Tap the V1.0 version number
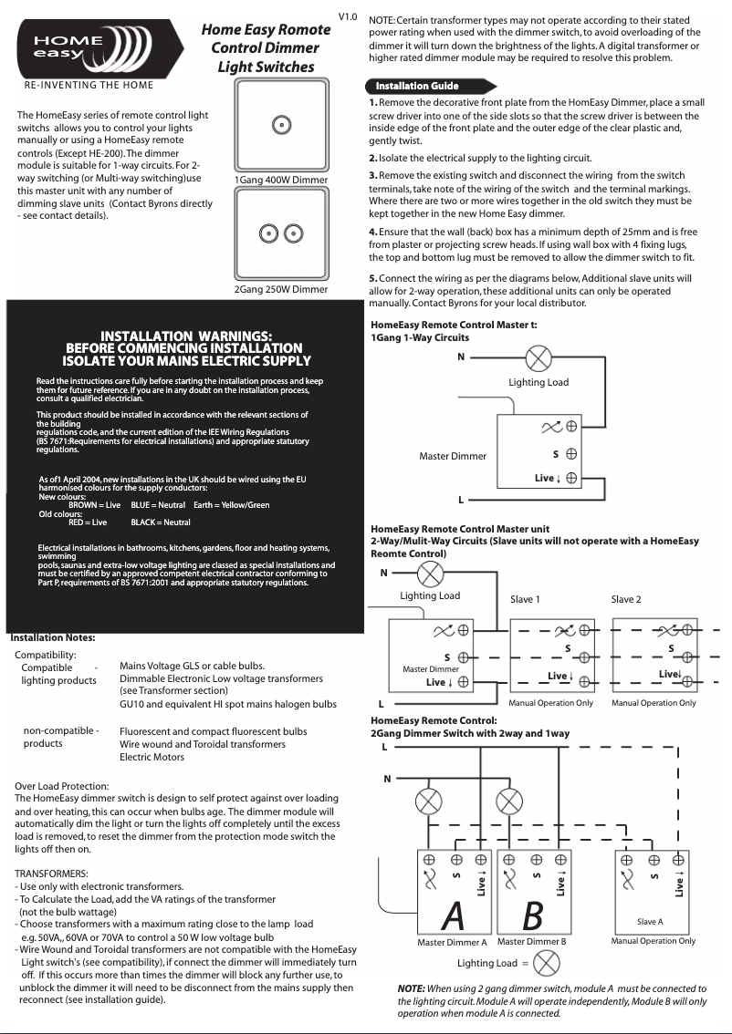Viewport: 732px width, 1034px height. click(x=348, y=17)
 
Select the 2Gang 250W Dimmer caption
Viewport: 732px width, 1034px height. click(x=281, y=290)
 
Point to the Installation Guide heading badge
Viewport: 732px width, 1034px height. click(x=416, y=86)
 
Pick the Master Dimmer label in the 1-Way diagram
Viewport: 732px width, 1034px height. click(x=453, y=456)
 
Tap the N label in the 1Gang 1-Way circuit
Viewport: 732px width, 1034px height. click(x=461, y=357)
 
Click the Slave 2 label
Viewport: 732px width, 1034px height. click(x=626, y=599)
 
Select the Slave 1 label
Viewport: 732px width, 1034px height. click(x=525, y=599)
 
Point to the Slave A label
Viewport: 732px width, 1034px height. click(x=650, y=922)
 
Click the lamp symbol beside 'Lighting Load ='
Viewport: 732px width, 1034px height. click(x=546, y=963)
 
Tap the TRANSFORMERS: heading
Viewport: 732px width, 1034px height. click(x=52, y=873)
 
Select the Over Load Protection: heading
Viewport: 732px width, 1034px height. click(x=62, y=786)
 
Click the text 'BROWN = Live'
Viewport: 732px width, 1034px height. click(x=95, y=504)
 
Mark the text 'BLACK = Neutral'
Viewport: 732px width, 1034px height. click(x=161, y=522)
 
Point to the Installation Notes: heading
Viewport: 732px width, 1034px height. click(x=52, y=637)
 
